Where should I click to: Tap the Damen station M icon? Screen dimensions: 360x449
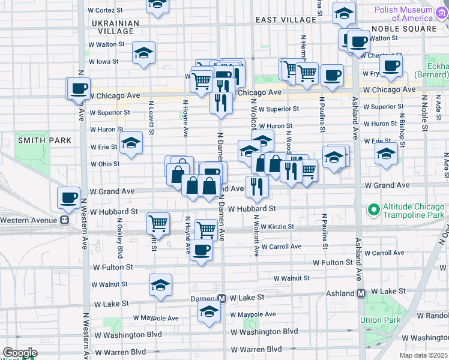(x=221, y=298)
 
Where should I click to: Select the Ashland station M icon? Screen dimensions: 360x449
(x=361, y=293)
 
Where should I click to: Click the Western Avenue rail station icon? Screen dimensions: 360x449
(x=64, y=220)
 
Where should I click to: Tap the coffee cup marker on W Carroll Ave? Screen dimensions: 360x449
(x=202, y=250)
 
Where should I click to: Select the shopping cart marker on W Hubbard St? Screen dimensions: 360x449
(x=158, y=223)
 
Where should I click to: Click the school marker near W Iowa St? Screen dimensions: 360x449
(x=144, y=53)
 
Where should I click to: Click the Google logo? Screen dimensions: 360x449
(x=20, y=353)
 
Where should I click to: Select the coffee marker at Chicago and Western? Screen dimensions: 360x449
(x=78, y=89)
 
